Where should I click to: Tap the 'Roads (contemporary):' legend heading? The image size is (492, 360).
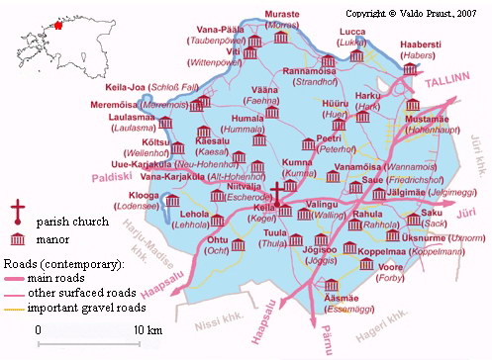63,265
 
